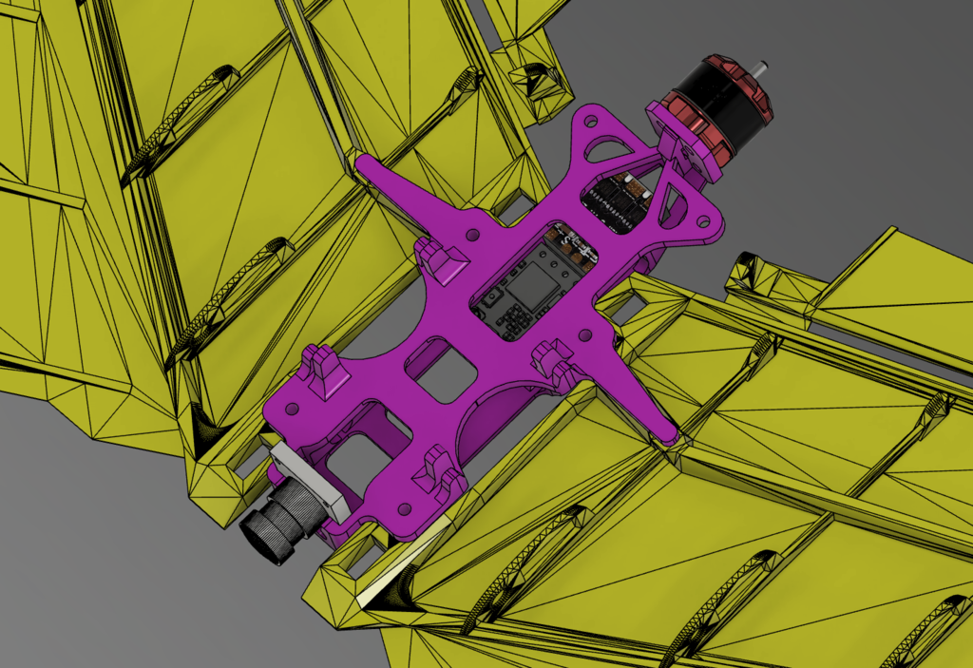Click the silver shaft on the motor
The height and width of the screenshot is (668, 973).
click(x=761, y=67)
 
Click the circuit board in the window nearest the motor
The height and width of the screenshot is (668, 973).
click(x=618, y=200)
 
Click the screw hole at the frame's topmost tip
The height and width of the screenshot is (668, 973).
click(x=591, y=121)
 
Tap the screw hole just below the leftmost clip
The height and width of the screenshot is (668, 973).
click(x=293, y=409)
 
